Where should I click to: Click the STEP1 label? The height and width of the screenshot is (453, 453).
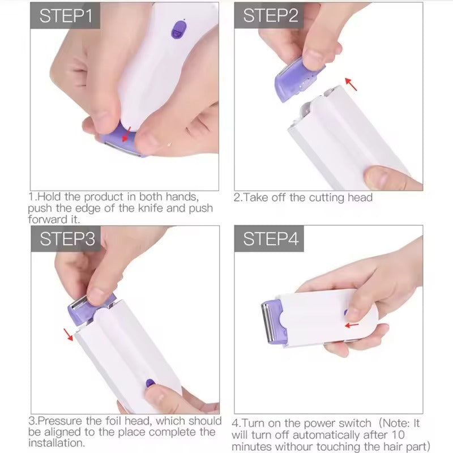[65, 16]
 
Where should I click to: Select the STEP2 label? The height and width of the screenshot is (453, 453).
[270, 16]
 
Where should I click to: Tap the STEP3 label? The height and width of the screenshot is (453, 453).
[67, 239]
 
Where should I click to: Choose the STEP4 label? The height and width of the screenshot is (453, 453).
[271, 239]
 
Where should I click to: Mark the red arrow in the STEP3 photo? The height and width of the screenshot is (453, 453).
[70, 335]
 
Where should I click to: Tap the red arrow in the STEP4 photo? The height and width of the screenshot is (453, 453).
[352, 325]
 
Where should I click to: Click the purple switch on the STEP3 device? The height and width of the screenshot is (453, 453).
[151, 383]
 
